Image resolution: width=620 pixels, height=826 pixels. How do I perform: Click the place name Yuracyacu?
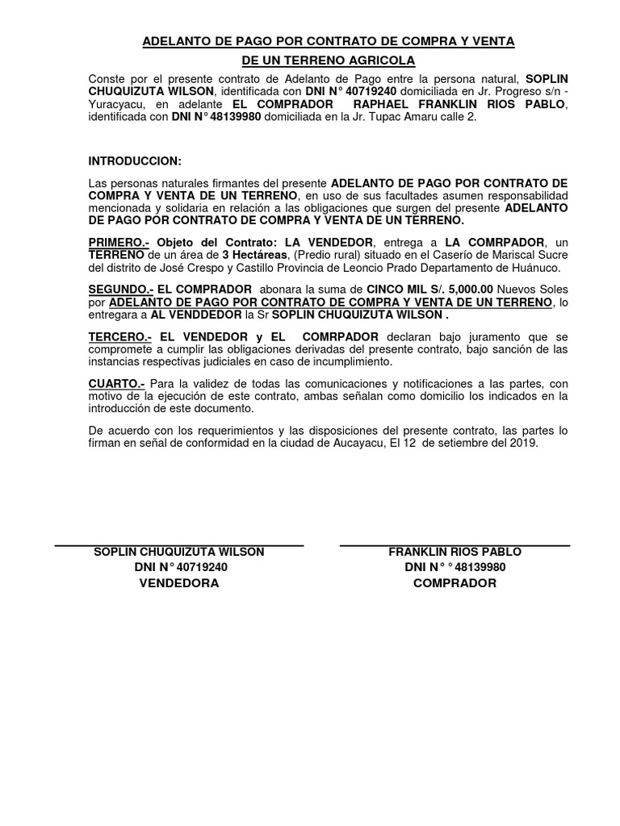(x=112, y=104)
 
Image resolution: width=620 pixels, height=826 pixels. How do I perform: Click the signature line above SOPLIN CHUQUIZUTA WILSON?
(x=179, y=546)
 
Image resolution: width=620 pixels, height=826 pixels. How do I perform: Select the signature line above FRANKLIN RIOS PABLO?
(x=455, y=546)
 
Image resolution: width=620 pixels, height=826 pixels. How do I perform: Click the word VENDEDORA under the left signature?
(x=179, y=582)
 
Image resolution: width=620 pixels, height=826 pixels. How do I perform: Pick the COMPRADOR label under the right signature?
(x=455, y=582)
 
